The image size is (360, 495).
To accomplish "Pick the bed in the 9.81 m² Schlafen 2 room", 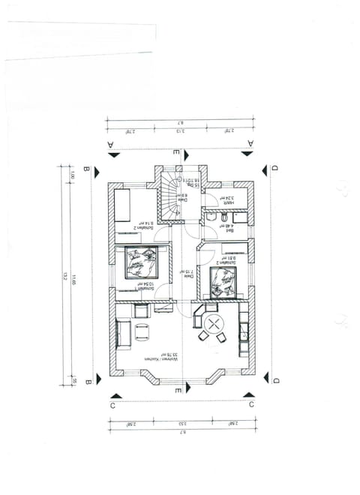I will [223, 283].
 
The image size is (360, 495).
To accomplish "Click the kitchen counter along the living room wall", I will [244, 330].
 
